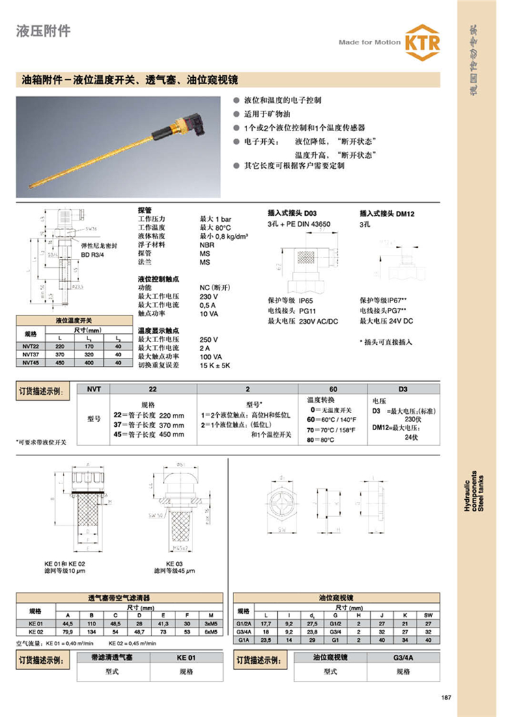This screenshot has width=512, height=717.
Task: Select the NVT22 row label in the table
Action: tap(30, 348)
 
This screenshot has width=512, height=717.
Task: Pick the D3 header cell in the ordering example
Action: tap(403, 389)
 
